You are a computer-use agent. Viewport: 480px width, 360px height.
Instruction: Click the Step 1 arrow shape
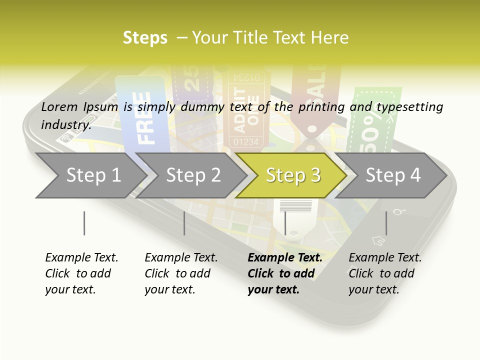90,175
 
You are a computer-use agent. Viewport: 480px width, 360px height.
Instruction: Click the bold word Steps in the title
145,38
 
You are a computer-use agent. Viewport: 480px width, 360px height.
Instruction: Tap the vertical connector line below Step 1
84,223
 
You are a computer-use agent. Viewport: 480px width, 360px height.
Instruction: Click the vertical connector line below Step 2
184,223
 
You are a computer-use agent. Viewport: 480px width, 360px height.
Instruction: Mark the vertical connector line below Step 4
386,223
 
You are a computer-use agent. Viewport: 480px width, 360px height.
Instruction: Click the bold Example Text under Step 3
285,258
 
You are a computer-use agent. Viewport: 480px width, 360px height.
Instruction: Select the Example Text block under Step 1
81,273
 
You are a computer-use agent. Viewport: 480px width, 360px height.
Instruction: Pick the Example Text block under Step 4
385,273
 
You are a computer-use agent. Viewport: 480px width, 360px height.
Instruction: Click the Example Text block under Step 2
181,273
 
